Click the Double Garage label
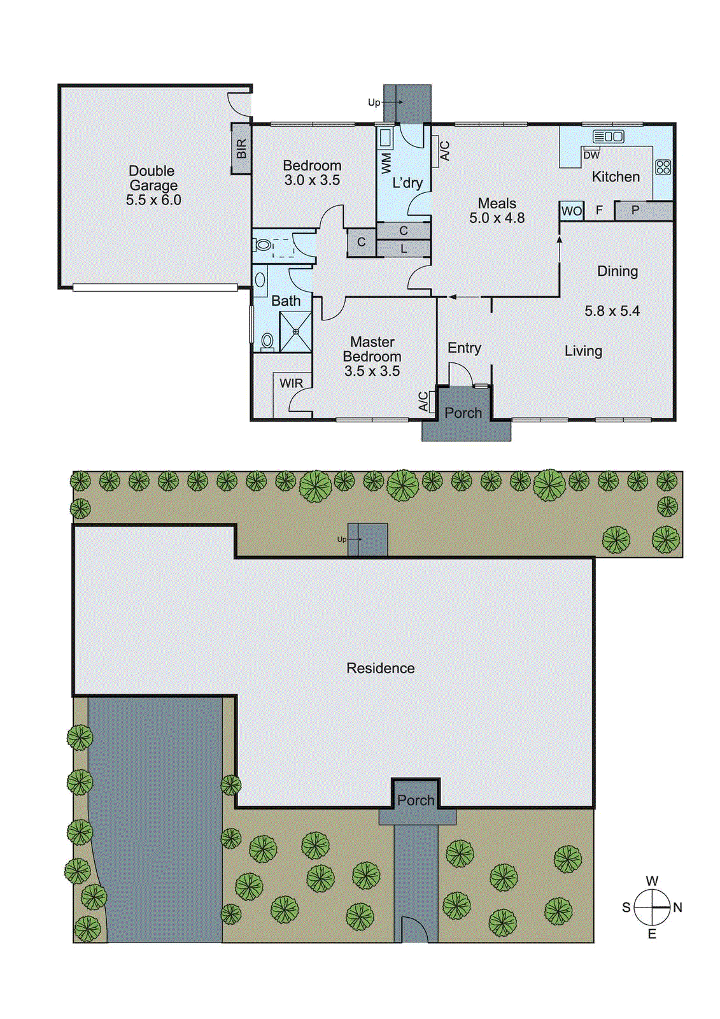[152, 178]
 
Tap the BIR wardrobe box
[241, 149]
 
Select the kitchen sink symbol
[608, 136]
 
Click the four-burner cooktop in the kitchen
[663, 167]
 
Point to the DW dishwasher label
[591, 155]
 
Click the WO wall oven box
[571, 211]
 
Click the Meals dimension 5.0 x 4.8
[497, 218]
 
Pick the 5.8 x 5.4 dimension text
[612, 311]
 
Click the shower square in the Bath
[295, 331]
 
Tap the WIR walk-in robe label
[291, 383]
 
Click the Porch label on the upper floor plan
[463, 413]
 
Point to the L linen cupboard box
[404, 249]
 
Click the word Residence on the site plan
[380, 668]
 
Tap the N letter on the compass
[677, 908]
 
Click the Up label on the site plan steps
[342, 539]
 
